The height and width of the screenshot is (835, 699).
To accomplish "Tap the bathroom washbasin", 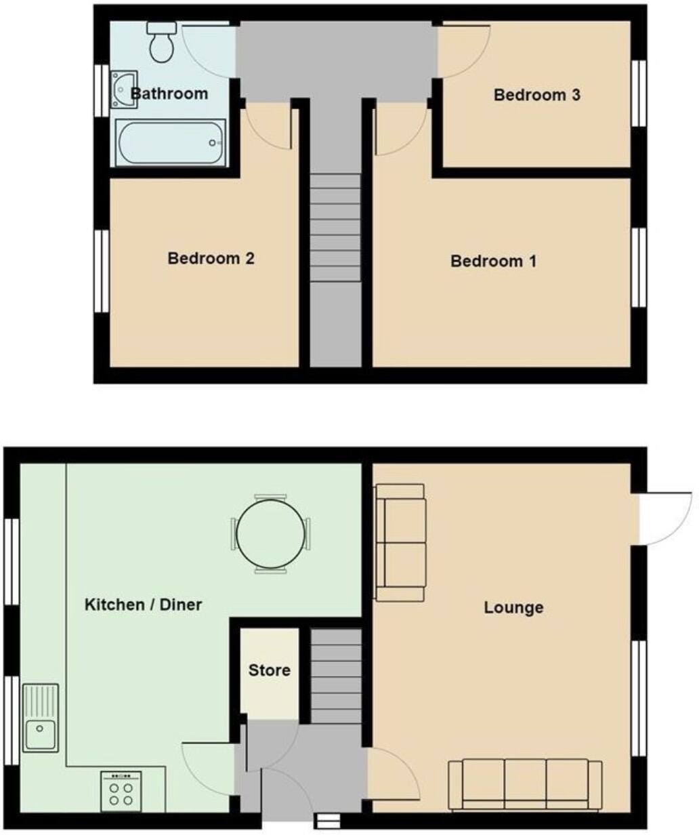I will pos(124,89).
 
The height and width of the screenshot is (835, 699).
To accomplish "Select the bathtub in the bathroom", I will pos(171,142).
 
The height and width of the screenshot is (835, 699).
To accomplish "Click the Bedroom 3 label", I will pos(536,95).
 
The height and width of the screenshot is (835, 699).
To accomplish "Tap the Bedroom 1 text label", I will pos(494,261).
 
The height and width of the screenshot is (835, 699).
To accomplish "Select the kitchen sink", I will pos(41,718).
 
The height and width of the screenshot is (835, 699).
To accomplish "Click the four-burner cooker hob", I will pos(121,791).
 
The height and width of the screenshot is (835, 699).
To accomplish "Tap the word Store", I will pos(270,670).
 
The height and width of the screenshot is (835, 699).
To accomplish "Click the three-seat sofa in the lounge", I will pos(526,784).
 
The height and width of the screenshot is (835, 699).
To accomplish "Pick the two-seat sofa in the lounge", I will pos(400,542).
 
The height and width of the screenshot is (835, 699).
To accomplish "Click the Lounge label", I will pos(513,607).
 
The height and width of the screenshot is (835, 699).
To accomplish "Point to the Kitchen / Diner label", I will pos(143,605).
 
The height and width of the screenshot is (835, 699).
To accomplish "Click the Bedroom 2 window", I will pos(101,271).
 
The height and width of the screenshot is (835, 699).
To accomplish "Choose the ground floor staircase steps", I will pos(335,674).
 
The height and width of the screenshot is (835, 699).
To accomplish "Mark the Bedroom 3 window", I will pos(639,93).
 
